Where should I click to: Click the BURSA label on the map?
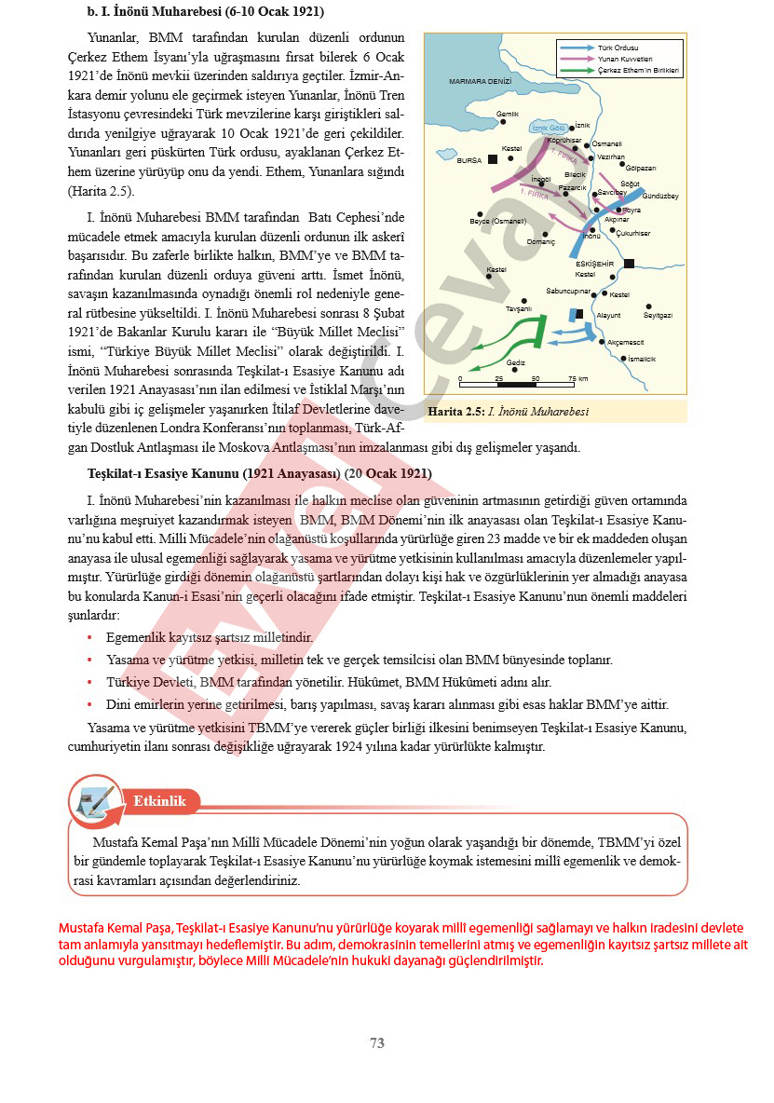pos(468,161)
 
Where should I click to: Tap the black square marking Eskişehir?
pos(629,264)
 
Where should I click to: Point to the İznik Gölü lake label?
pos(548,128)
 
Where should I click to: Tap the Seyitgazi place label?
pos(658,315)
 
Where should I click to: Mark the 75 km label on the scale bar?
pos(577,378)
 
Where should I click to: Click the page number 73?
pos(377,1043)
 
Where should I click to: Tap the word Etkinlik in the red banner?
pos(159,801)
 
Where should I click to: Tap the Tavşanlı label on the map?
pos(518,308)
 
